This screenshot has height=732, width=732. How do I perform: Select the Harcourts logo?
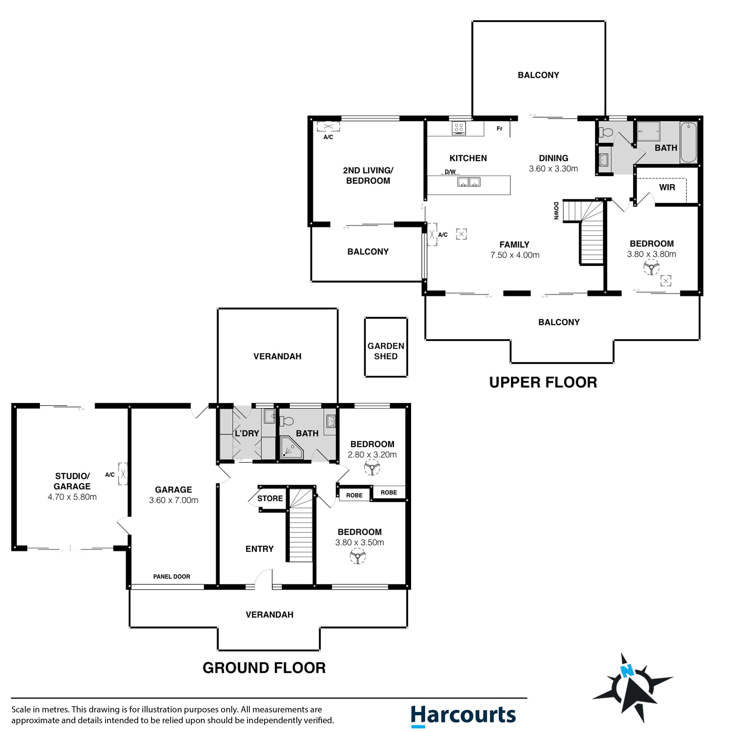(463, 715)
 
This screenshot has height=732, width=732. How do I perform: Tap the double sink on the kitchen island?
(469, 182)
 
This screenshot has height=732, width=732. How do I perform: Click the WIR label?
(667, 187)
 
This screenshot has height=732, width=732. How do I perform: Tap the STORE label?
(270, 498)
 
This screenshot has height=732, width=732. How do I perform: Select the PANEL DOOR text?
(172, 576)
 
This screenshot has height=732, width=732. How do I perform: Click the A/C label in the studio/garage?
(110, 474)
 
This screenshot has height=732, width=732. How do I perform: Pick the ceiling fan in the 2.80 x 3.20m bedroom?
(372, 468)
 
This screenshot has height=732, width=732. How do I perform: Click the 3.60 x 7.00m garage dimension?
(174, 500)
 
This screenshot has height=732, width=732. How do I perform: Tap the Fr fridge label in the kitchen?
(499, 129)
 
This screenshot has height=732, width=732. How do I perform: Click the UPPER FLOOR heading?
(543, 382)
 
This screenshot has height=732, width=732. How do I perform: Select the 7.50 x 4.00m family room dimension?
(514, 255)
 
